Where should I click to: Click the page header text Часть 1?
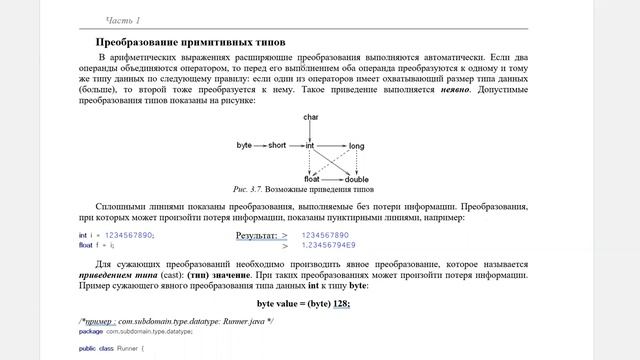(124, 20)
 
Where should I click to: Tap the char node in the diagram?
(311, 119)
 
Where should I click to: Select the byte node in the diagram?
(244, 146)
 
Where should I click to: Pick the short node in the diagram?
(277, 146)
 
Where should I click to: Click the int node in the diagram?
(311, 146)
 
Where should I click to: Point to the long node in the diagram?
(357, 146)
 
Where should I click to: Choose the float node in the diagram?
(311, 179)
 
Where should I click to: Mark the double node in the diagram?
(357, 179)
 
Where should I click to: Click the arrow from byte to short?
(259, 146)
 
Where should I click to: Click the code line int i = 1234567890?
(116, 235)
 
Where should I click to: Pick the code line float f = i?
(97, 244)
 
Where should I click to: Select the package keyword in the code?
(91, 330)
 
